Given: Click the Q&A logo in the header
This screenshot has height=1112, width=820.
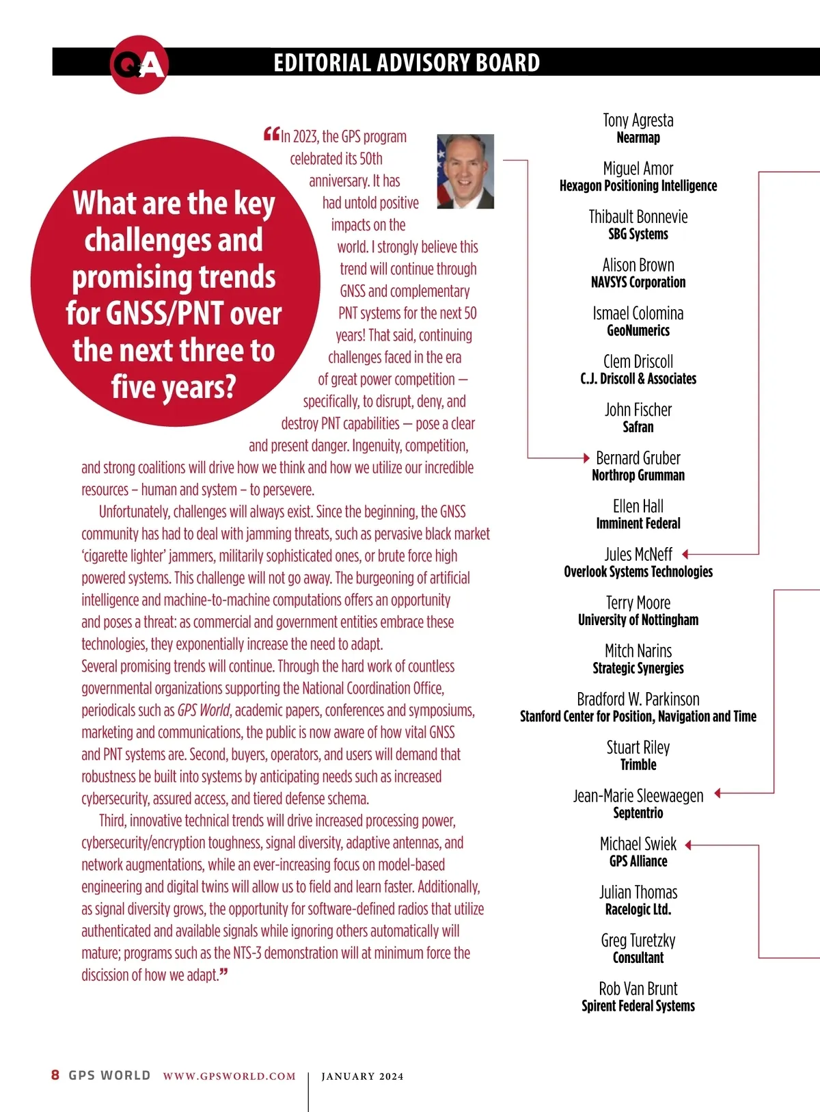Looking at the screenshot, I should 139,64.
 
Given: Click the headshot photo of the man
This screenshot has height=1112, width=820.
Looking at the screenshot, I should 465,171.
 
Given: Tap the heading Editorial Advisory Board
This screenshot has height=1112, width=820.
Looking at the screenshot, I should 407,63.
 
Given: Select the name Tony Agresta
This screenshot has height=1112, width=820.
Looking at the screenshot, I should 638,120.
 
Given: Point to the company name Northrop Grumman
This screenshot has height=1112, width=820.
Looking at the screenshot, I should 638,475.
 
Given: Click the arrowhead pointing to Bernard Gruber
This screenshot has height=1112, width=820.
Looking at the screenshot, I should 586,458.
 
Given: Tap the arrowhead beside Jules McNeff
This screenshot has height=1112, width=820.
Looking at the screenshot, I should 685,554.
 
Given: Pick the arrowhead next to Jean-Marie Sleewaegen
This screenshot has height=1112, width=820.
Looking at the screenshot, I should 717,793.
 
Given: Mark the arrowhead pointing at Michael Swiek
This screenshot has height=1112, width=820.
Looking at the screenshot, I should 689,845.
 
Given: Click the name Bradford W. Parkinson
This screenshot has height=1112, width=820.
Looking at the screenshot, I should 638,699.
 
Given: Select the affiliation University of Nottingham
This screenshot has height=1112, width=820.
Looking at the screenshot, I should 638,620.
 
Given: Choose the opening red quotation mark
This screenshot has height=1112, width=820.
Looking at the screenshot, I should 271,134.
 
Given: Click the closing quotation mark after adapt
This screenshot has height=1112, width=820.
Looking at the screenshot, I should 224,972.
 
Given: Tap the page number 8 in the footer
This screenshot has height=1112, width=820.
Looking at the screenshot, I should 55,1075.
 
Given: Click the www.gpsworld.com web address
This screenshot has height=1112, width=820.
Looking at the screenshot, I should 230,1076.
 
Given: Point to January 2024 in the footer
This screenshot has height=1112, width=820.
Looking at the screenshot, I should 362,1076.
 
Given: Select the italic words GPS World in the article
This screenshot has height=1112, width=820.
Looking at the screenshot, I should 204,711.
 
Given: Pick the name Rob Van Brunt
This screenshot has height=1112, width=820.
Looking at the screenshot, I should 638,989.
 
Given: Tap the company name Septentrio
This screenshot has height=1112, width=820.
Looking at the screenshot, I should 638,813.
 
